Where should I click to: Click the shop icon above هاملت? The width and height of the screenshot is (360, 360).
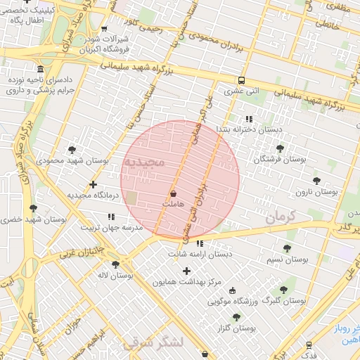(x=174, y=193)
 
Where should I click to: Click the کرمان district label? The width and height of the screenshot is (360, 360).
(x=279, y=218)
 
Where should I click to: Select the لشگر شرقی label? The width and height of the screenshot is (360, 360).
(x=153, y=342)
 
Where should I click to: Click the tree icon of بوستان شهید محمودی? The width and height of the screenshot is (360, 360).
(x=72, y=149)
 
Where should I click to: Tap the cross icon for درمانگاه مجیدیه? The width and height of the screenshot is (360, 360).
(x=93, y=184)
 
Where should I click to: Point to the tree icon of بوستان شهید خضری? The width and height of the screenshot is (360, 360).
(x=33, y=208)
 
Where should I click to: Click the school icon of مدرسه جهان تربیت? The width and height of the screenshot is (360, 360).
(x=110, y=217)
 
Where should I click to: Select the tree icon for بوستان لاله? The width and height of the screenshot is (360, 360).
(x=115, y=264)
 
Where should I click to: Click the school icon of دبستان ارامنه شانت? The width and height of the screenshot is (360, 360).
(x=200, y=243)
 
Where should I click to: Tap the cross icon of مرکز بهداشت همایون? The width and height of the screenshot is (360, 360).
(x=186, y=271)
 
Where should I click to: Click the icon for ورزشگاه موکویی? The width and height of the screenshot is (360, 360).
(x=233, y=290)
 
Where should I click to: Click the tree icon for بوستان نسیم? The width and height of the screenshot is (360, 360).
(x=287, y=248)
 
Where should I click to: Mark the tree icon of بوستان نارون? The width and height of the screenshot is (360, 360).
(x=316, y=180)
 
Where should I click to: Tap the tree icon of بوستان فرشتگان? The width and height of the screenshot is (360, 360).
(x=281, y=148)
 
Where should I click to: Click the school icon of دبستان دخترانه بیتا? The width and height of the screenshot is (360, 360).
(x=248, y=119)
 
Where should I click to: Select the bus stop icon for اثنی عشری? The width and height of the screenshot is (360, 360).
(x=241, y=80)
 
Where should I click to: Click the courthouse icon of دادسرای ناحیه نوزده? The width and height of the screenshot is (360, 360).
(x=40, y=70)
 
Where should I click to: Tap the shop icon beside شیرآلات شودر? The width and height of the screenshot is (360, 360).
(x=105, y=30)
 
